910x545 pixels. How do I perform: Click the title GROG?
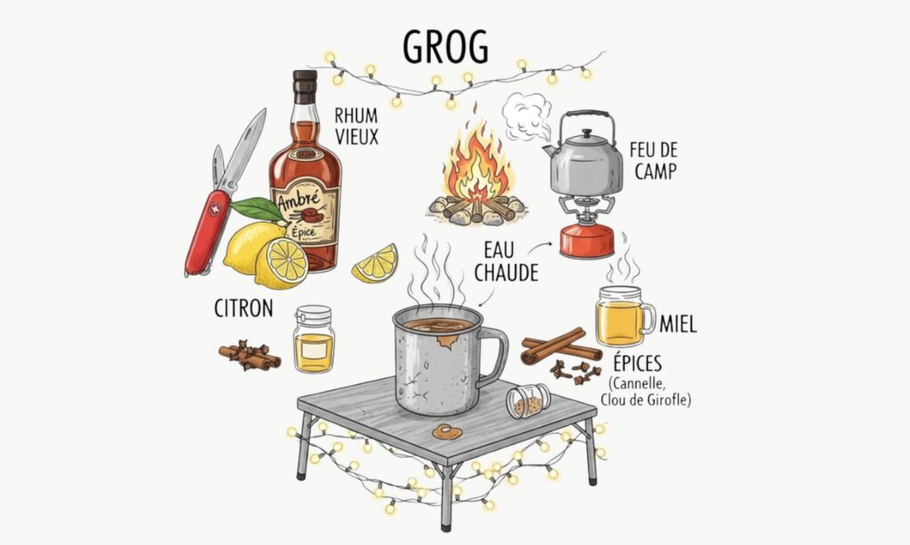pos(445,46)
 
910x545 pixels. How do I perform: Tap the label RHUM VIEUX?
pos(356,126)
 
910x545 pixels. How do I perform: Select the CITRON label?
pos(243,309)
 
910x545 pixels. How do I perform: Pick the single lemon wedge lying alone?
pos(375,264)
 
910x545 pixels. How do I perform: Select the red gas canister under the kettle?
pos(587,241)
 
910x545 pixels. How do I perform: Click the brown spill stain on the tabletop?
pos(446,431)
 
